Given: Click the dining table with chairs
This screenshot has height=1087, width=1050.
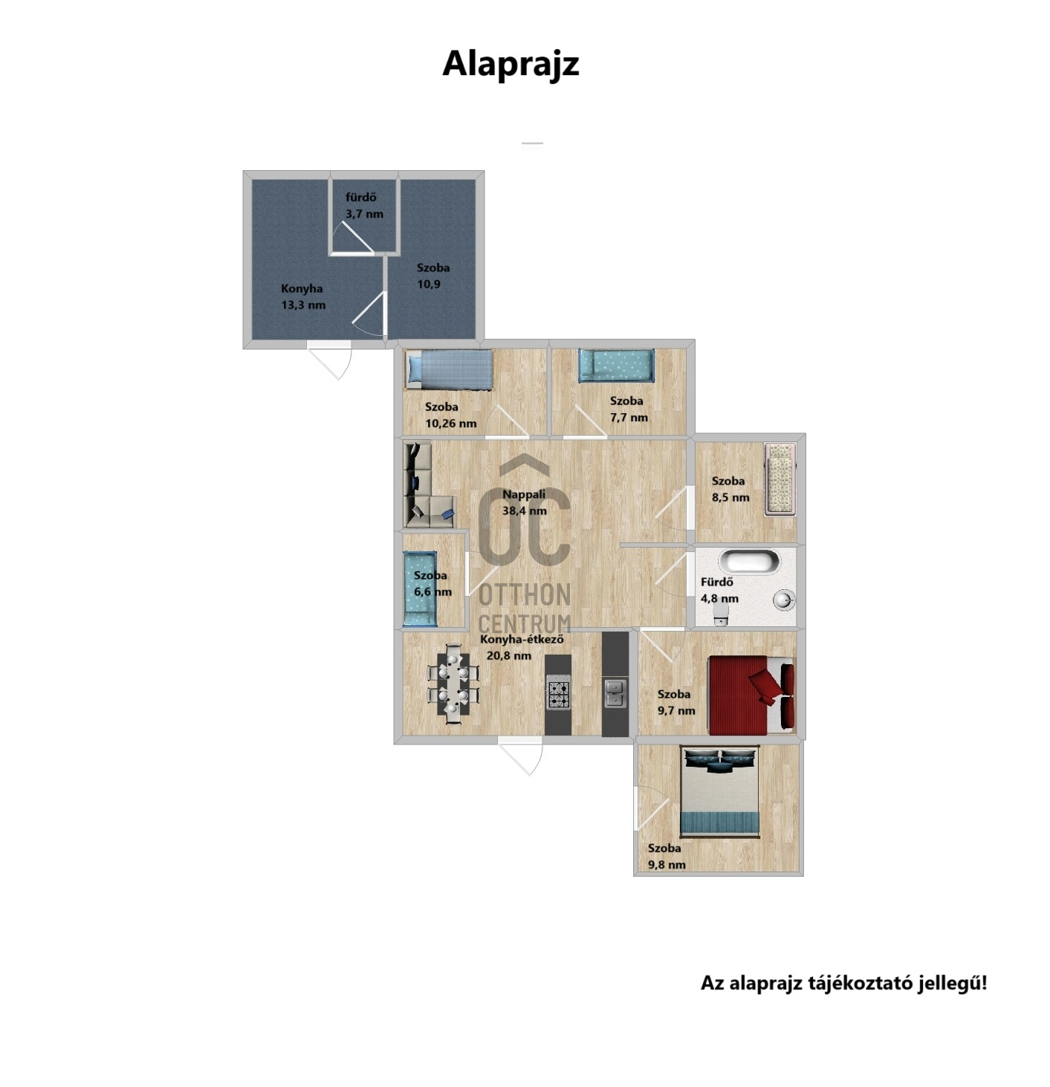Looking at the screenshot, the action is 453,684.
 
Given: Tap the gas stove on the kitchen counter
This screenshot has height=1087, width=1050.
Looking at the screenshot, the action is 558,695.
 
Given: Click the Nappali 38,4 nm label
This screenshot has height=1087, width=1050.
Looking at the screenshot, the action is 524,502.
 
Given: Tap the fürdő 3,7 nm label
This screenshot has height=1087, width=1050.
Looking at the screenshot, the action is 364,205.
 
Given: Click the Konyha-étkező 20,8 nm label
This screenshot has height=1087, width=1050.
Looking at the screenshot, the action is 522,647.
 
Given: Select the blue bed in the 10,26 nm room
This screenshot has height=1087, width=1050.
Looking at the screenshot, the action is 450,369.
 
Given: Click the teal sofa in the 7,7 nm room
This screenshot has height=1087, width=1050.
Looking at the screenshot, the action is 616,366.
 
